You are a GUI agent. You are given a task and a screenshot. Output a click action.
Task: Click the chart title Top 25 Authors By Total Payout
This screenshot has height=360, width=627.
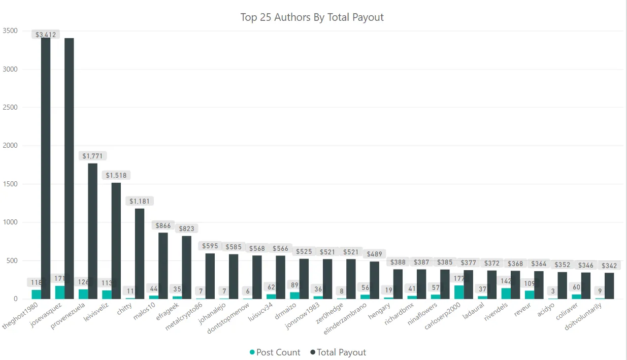click(312, 17)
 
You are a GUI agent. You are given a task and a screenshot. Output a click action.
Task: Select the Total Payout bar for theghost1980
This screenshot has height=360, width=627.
click(46, 168)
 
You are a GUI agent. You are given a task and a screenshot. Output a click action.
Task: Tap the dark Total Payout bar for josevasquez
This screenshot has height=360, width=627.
click(69, 168)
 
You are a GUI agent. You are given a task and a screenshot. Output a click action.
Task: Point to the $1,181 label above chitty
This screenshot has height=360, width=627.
click(140, 201)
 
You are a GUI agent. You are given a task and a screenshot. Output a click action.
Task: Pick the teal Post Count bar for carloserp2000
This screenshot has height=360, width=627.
click(459, 292)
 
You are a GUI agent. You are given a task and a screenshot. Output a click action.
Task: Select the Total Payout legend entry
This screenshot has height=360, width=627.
click(338, 352)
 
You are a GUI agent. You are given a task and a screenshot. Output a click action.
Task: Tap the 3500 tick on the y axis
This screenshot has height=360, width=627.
click(10, 31)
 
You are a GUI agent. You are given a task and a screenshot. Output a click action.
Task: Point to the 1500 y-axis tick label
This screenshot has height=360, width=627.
click(10, 184)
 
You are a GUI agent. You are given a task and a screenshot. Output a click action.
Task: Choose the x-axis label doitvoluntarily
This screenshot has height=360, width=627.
click(584, 318)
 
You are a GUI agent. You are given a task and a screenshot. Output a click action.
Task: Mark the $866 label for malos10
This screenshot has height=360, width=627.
click(163, 225)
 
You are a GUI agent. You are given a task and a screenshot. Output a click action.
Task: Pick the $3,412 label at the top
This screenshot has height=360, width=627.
click(46, 35)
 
